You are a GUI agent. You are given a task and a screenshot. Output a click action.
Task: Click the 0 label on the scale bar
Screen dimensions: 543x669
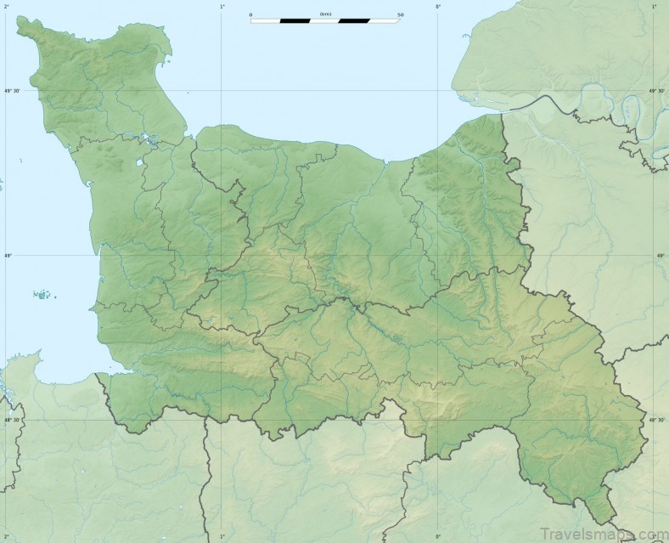251,14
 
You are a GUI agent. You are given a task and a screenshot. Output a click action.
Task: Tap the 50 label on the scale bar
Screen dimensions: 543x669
400,14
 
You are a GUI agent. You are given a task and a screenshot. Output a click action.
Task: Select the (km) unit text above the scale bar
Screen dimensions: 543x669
326,14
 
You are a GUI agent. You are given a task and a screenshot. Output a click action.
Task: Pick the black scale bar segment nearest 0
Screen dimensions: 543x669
295,20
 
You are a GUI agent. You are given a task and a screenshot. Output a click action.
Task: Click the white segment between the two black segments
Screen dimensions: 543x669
324,20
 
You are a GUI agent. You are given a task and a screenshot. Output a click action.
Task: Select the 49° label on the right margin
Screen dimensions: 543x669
661,255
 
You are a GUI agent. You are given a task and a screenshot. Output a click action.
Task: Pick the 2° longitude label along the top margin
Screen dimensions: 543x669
6,6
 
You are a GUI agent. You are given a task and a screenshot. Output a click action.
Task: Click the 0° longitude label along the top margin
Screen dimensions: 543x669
438,6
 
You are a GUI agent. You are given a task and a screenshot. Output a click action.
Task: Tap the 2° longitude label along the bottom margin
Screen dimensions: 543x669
6,537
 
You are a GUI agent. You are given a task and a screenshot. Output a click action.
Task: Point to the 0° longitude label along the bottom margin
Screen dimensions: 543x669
438,537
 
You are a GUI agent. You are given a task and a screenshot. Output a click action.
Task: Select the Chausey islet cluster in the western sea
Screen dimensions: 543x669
42,295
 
